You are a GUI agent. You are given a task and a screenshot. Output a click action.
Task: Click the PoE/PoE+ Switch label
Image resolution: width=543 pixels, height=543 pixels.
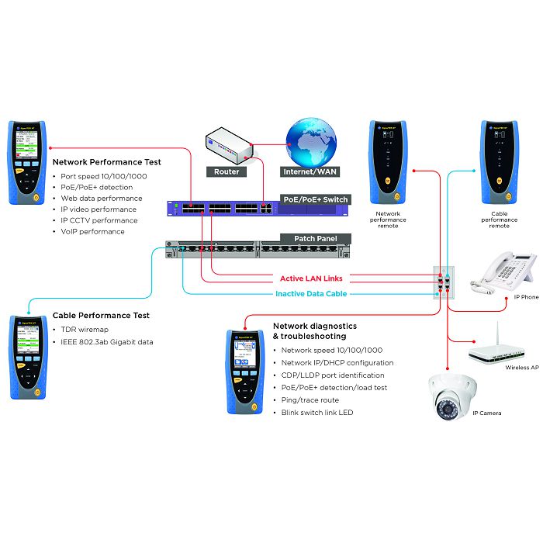[316, 199]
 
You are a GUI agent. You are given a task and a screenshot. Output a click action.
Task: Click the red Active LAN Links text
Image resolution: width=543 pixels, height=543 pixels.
[311, 278]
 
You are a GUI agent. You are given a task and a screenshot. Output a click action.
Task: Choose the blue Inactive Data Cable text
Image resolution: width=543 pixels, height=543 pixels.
[311, 293]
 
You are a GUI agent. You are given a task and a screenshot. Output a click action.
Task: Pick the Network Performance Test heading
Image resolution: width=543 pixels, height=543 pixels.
[106, 162]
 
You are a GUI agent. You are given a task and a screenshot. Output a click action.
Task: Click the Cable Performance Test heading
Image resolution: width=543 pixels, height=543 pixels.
[101, 316]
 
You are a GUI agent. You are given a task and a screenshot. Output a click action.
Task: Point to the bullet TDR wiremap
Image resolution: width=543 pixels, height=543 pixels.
[85, 330]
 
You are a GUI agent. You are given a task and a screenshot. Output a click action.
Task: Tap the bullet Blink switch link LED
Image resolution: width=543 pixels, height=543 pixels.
[316, 412]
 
